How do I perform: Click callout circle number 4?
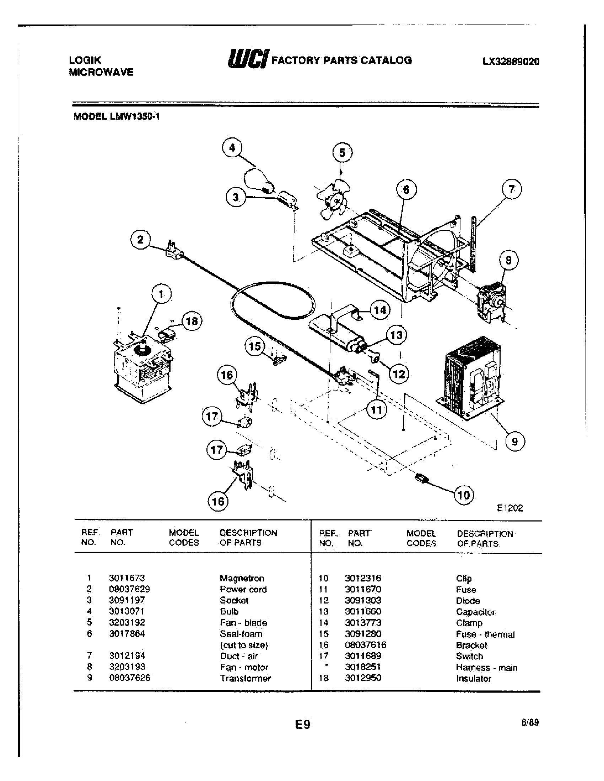pos(232,147)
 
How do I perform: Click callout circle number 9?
pos(515,441)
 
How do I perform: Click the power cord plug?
pos(173,250)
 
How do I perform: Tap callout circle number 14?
pos(380,310)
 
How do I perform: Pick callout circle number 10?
pos(464,495)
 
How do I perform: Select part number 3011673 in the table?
pos(127,578)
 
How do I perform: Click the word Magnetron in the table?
pos(242,578)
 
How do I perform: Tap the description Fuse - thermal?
pos(485,634)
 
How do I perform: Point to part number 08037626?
pos(130,678)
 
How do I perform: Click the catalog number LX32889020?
pos(511,62)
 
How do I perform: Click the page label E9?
pos(302,725)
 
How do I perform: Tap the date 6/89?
pos(530,722)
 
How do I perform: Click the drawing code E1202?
pos(510,508)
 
